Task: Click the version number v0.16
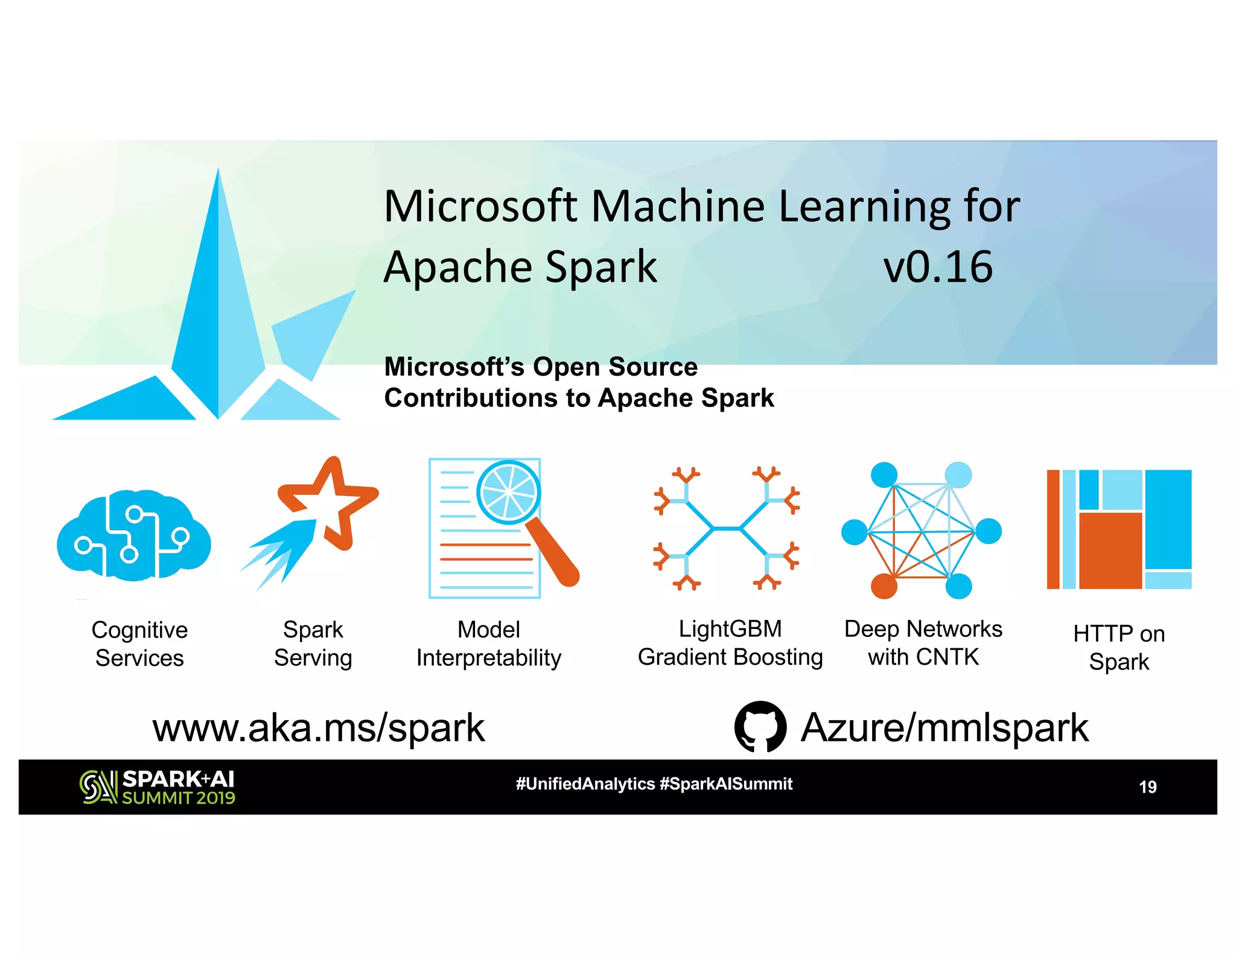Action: click(937, 267)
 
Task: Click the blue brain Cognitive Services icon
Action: click(133, 536)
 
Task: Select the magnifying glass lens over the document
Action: click(508, 492)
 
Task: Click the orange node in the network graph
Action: click(884, 586)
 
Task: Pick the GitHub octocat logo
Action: click(760, 726)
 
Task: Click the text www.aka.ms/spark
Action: click(318, 728)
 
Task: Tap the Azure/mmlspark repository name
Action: click(944, 728)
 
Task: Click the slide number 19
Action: click(1147, 787)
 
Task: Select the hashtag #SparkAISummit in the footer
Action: click(726, 784)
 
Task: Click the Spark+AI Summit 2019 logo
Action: click(158, 787)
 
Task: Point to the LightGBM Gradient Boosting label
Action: click(730, 643)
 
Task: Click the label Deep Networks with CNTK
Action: click(923, 643)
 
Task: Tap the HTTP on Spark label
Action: click(1119, 648)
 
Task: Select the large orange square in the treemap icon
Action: click(1110, 550)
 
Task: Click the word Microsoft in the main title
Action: click(481, 206)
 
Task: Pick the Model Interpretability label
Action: click(489, 644)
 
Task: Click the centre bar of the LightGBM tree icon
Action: click(727, 529)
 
